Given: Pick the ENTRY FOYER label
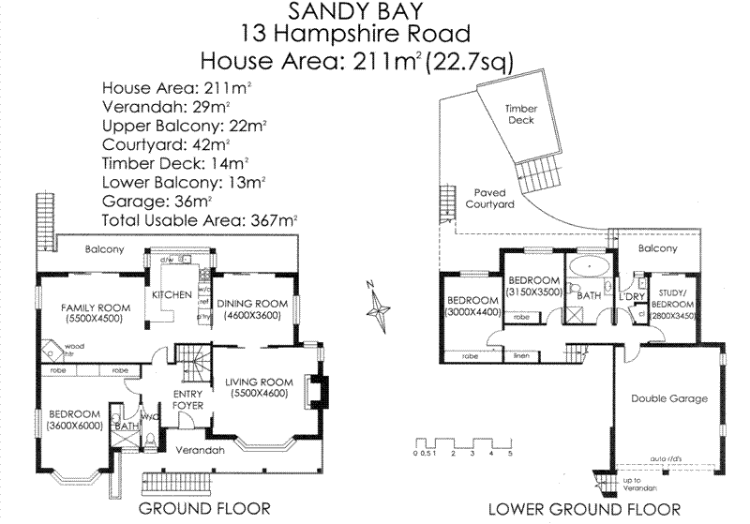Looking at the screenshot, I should [x=189, y=399].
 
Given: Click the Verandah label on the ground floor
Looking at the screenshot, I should [x=200, y=450].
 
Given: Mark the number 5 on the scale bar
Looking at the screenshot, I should [x=510, y=454].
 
